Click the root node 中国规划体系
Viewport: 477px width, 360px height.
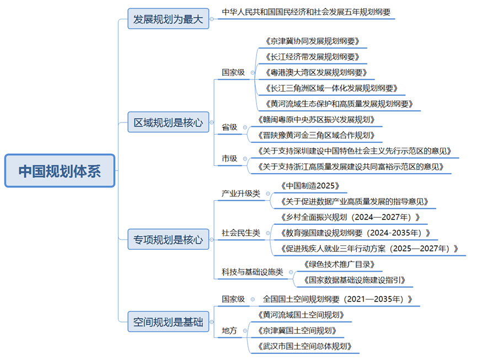[x=60, y=171]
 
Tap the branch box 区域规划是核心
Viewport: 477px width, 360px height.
[x=168, y=122]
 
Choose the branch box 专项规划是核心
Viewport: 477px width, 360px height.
[x=168, y=240]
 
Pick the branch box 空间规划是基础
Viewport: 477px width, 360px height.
[x=168, y=321]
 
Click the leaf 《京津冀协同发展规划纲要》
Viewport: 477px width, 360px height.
[x=312, y=41]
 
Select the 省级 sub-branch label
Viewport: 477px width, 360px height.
[x=229, y=127]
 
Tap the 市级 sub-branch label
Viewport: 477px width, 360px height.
[x=229, y=158]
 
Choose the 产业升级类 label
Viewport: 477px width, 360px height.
[x=240, y=194]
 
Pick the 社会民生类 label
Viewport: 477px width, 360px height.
[x=240, y=233]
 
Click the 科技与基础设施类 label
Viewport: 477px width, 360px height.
[x=252, y=272]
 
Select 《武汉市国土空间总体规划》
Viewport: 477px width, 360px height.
[x=305, y=346]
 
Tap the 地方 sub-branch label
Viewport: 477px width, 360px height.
[x=229, y=331]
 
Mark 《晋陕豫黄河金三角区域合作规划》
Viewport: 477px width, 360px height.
[x=317, y=135]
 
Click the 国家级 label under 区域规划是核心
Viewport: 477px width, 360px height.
[x=233, y=72]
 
